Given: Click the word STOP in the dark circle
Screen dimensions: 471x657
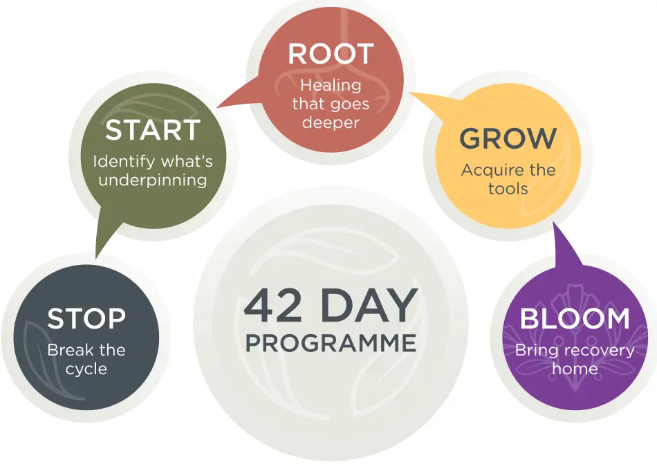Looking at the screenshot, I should [86, 319].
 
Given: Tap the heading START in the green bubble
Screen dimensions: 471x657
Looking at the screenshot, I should [152, 130].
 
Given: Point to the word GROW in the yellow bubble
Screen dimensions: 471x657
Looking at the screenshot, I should [508, 139].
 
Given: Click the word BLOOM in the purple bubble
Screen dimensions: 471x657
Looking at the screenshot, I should [575, 319].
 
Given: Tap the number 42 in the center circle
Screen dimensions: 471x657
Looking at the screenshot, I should [272, 306].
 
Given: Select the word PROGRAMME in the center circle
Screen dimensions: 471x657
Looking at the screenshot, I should [331, 343].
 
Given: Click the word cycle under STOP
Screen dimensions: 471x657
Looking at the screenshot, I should [86, 369].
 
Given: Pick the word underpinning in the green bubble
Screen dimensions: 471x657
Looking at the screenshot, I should [152, 180].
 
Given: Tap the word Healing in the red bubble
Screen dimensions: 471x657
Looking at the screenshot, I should [331, 85].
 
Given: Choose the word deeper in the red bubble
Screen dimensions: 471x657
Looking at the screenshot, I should [331, 123].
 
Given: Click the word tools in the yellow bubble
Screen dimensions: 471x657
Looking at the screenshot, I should [508, 188].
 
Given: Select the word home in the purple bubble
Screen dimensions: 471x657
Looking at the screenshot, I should [575, 369].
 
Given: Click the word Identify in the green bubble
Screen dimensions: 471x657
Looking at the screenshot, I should [124, 162].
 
